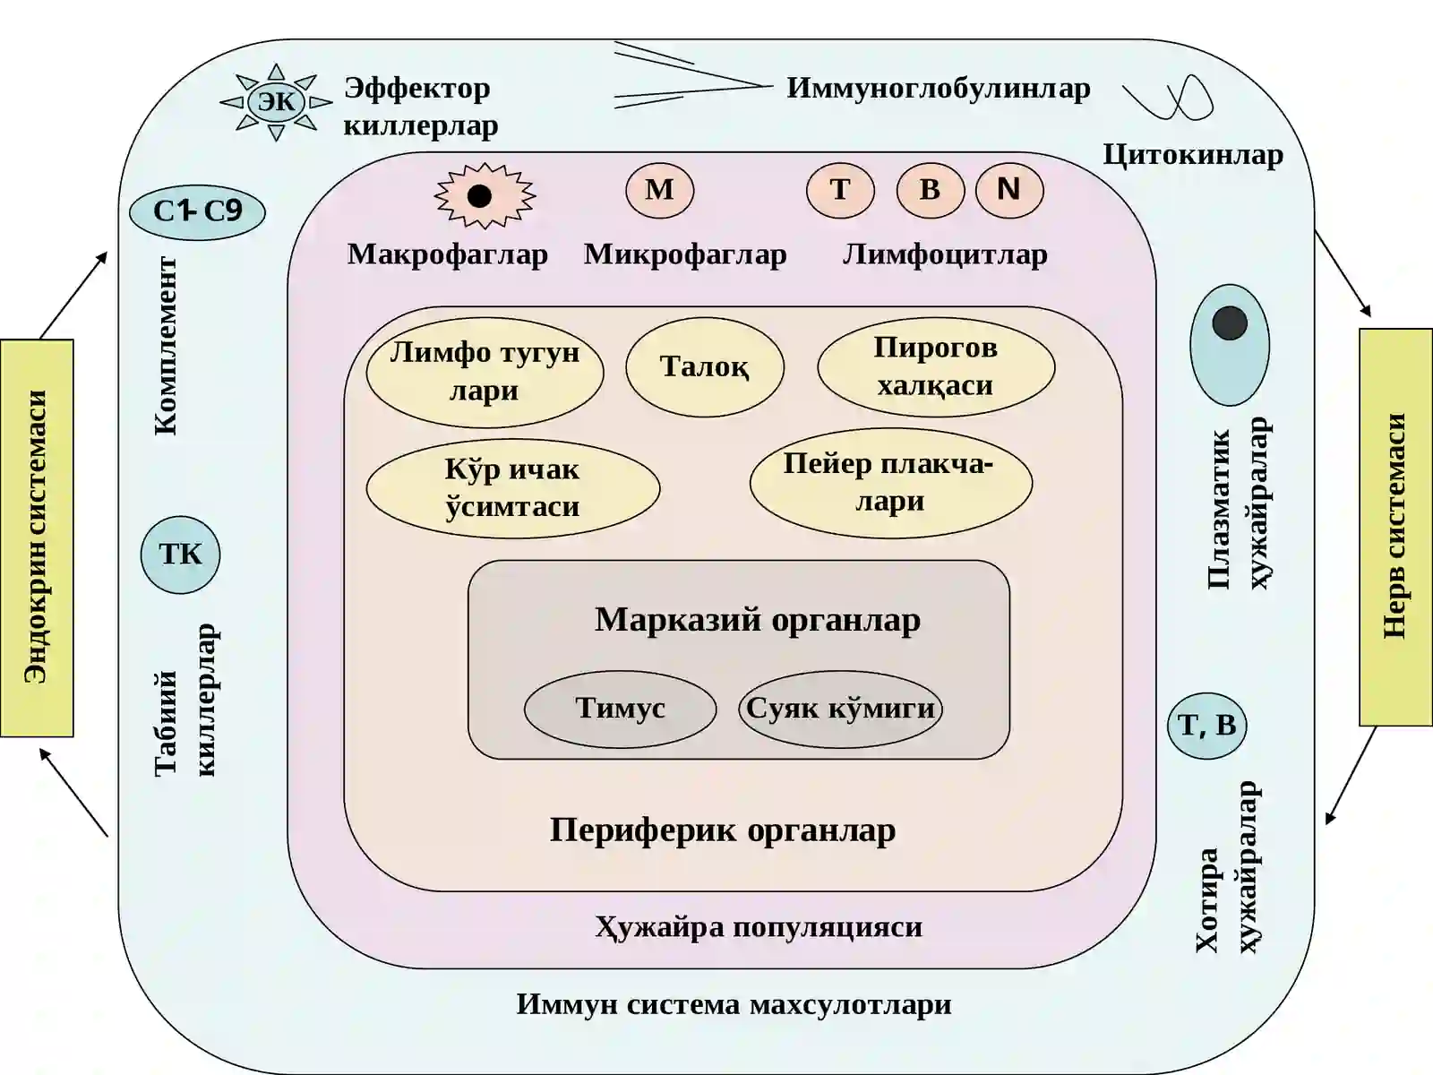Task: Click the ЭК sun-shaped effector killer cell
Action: point(277,102)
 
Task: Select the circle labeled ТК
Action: point(181,555)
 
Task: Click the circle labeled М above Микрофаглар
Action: point(659,190)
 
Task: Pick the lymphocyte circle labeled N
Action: point(1009,190)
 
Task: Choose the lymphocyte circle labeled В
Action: point(931,190)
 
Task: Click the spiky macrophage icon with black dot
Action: point(485,196)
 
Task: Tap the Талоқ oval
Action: point(705,366)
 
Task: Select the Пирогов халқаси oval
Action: point(936,366)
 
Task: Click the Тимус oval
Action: point(620,709)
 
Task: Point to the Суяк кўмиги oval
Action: point(840,709)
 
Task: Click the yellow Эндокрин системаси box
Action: point(37,537)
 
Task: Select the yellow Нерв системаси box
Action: point(1395,527)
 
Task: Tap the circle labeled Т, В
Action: point(1206,726)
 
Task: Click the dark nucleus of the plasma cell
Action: point(1230,323)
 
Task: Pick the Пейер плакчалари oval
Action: point(891,483)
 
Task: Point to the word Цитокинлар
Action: point(1193,155)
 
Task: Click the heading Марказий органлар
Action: point(758,619)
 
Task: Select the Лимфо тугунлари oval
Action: point(485,372)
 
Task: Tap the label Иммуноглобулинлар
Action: point(938,88)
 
